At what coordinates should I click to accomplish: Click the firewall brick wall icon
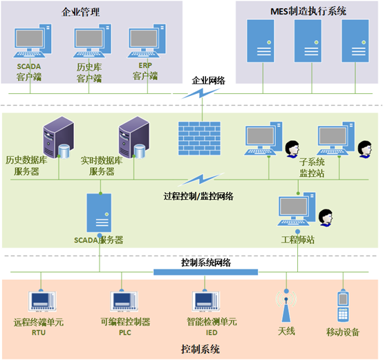(199, 138)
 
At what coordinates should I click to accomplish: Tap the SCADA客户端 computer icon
(32, 41)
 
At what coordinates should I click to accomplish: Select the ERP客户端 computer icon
(147, 41)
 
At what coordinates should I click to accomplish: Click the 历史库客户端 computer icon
(93, 41)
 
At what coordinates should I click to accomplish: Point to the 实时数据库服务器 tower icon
(134, 138)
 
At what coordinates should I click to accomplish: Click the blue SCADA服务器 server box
(99, 213)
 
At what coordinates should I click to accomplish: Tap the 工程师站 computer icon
(297, 209)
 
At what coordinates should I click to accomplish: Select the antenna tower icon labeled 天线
(286, 306)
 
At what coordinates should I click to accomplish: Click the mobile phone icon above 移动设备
(343, 306)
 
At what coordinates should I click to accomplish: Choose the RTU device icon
(42, 301)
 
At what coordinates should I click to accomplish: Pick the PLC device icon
(124, 301)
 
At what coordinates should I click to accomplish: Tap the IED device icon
(206, 301)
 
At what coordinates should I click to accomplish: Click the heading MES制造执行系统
(308, 11)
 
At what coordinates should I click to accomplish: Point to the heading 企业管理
(81, 12)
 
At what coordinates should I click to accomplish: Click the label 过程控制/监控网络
(198, 196)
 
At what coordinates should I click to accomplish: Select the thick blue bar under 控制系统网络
(205, 272)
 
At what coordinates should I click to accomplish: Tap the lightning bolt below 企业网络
(200, 93)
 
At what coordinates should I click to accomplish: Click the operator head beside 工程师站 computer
(326, 218)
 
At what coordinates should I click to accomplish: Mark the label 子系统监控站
(312, 167)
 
